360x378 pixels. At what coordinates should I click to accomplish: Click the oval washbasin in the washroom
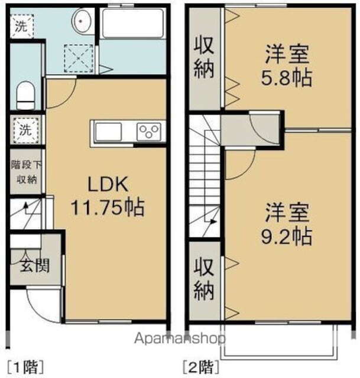tap(83, 21)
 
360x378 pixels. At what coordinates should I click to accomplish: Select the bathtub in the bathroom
tap(132, 23)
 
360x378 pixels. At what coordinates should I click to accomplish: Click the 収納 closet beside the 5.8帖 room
tap(205, 57)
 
